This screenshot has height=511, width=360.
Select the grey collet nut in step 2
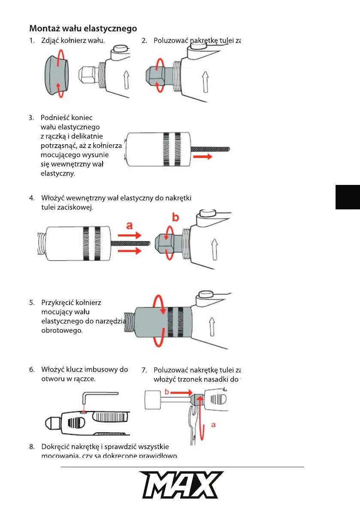coord(160,76)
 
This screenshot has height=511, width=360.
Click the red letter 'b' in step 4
coord(175,218)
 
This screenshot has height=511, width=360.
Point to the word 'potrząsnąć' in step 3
coord(58,146)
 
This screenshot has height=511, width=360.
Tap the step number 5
coord(32,302)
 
